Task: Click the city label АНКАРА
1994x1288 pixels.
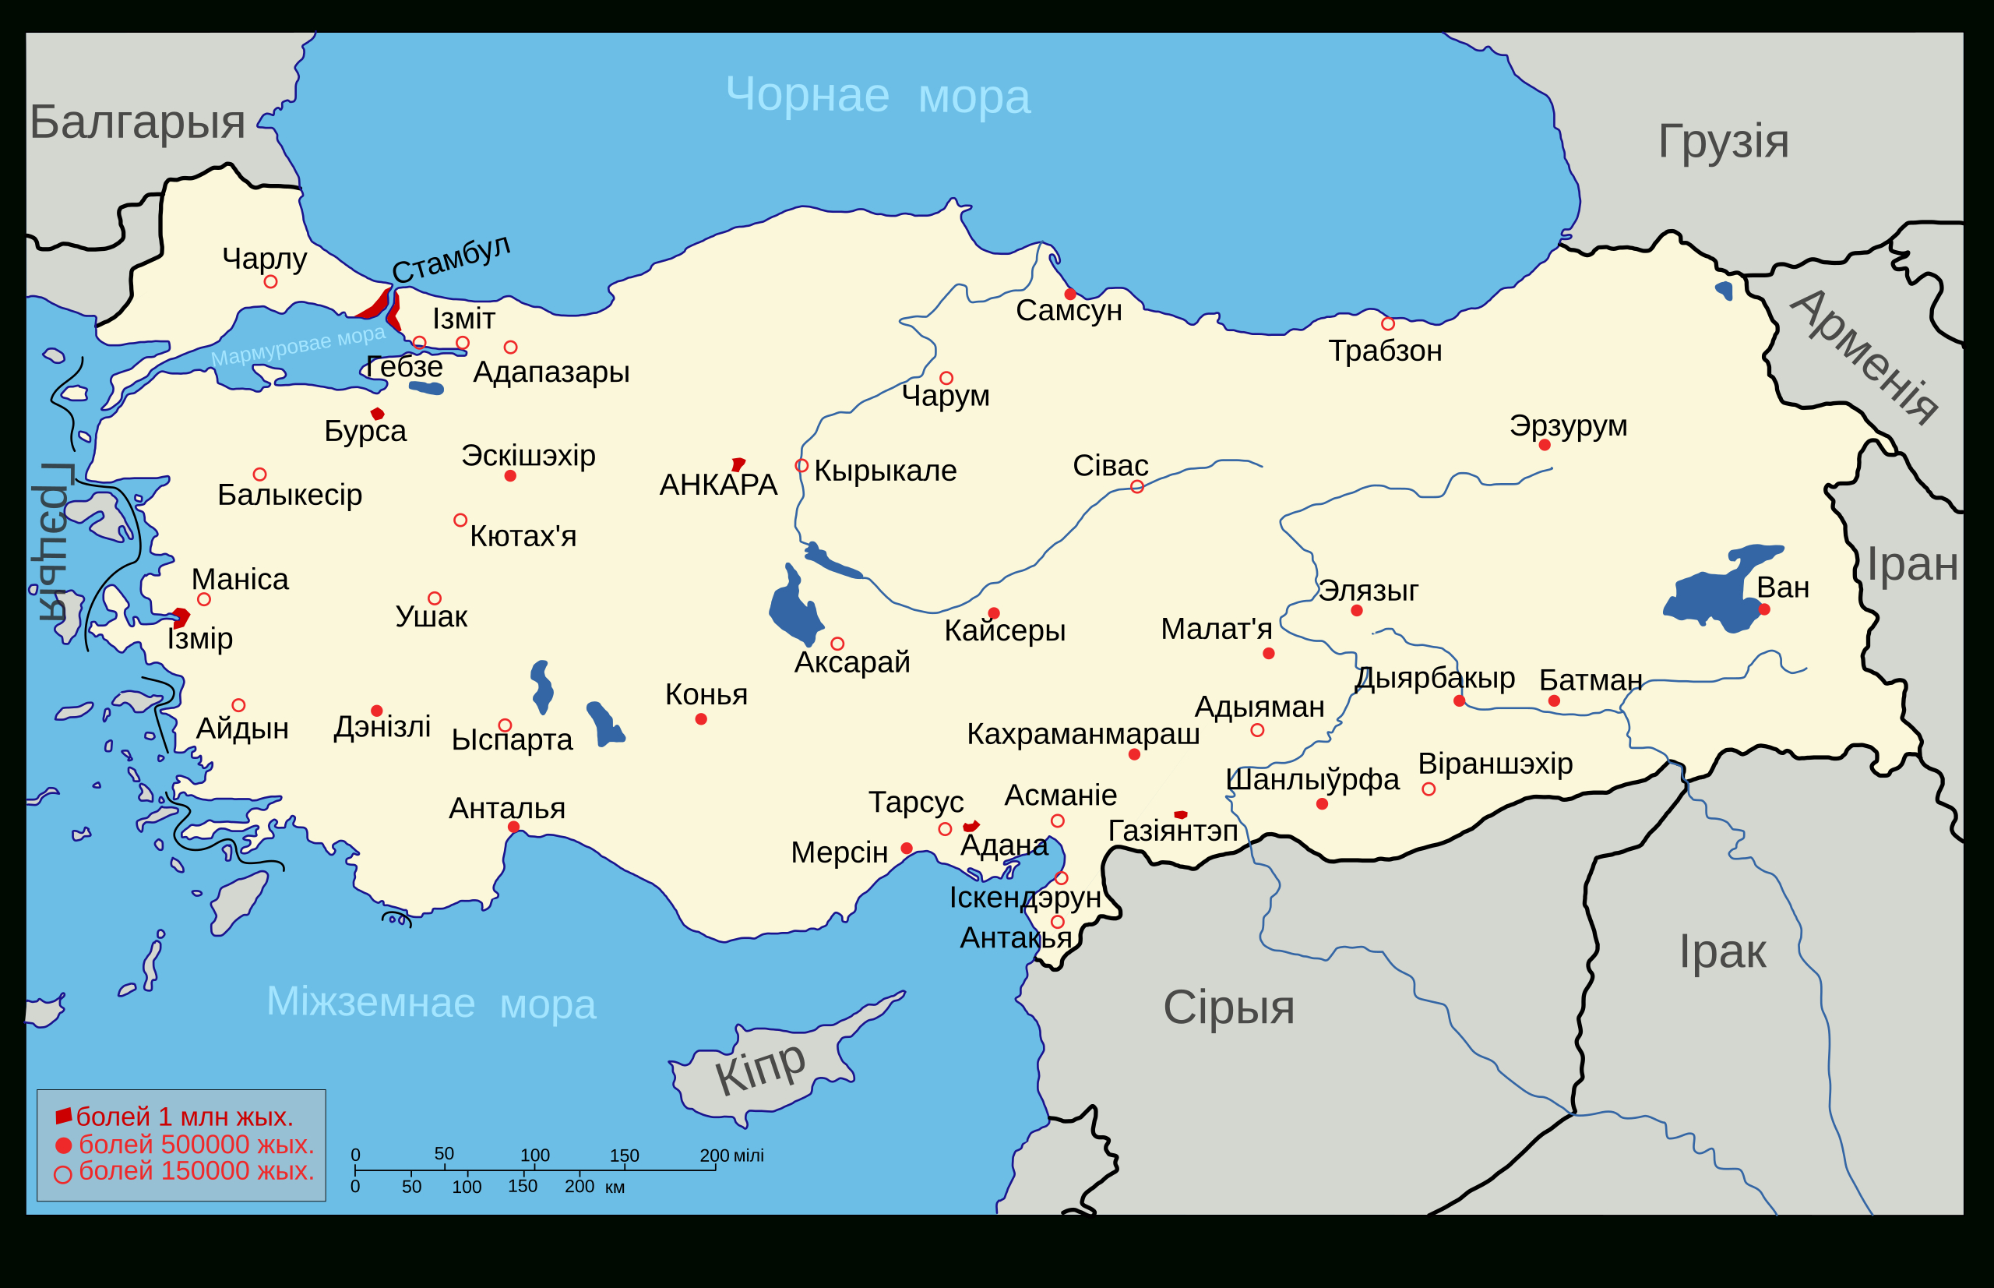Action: [x=718, y=485]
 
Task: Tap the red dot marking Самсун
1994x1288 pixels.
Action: [x=1070, y=295]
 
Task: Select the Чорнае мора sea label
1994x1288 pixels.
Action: [x=877, y=96]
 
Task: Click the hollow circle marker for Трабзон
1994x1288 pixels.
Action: [x=1388, y=323]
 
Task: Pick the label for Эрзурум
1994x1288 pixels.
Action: [x=1569, y=425]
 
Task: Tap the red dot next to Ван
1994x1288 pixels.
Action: [x=1764, y=609]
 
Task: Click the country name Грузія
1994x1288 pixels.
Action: [x=1723, y=140]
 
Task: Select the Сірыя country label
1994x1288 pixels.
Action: [x=1228, y=1007]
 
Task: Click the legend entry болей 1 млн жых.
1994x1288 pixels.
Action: [x=184, y=1117]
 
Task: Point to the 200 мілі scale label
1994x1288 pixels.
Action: [x=731, y=1156]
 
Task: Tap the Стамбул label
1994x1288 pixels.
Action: [x=452, y=259]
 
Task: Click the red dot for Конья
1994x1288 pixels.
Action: [x=700, y=719]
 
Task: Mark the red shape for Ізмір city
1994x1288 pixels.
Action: [x=181, y=618]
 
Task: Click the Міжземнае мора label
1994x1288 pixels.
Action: [x=431, y=1003]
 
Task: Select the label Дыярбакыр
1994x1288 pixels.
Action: [x=1435, y=677]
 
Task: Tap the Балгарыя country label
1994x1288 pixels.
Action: [x=137, y=122]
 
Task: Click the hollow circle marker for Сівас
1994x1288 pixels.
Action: [x=1137, y=487]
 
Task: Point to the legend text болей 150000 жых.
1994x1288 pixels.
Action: [x=196, y=1171]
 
